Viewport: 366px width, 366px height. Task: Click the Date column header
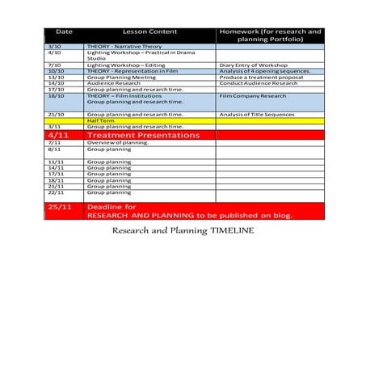point(65,32)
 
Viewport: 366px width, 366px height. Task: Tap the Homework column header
point(269,35)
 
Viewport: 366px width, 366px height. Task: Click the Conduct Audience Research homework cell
point(259,83)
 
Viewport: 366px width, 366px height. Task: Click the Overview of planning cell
point(118,143)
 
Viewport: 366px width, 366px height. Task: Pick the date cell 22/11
point(55,192)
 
